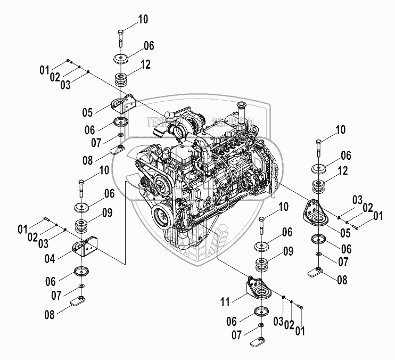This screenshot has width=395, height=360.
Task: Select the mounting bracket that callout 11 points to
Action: (258, 288)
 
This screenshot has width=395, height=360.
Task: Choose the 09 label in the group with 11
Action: (287, 250)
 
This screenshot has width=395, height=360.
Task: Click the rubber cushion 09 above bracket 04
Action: (83, 227)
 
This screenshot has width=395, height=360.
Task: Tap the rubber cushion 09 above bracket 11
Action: (261, 265)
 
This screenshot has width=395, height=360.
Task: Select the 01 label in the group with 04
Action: (22, 230)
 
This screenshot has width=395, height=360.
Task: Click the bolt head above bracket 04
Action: (81, 184)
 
